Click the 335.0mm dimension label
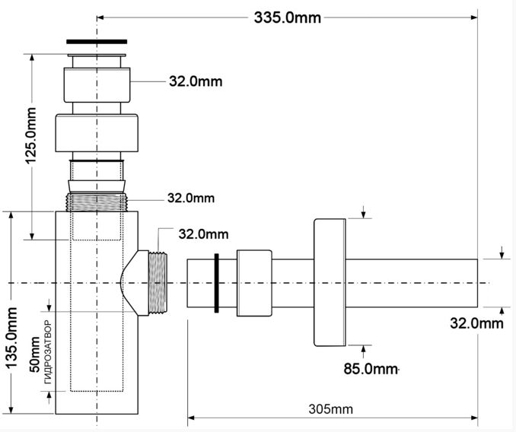(x=287, y=17)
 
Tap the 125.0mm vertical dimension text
(x=31, y=135)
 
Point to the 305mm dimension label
(x=330, y=409)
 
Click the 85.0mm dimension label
(x=371, y=369)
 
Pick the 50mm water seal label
(x=35, y=354)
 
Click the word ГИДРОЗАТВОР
(x=48, y=352)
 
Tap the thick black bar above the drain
(x=97, y=42)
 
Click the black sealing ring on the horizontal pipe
(x=216, y=283)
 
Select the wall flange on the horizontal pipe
(x=330, y=283)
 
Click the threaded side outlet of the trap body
(x=158, y=284)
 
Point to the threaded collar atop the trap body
(x=97, y=202)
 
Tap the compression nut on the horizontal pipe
(x=254, y=283)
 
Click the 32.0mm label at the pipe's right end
(x=476, y=323)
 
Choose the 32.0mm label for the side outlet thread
(x=203, y=234)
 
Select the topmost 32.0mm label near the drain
(x=196, y=81)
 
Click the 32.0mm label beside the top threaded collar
(x=191, y=198)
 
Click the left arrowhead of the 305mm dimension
(x=191, y=418)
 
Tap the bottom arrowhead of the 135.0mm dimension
(x=11, y=410)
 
